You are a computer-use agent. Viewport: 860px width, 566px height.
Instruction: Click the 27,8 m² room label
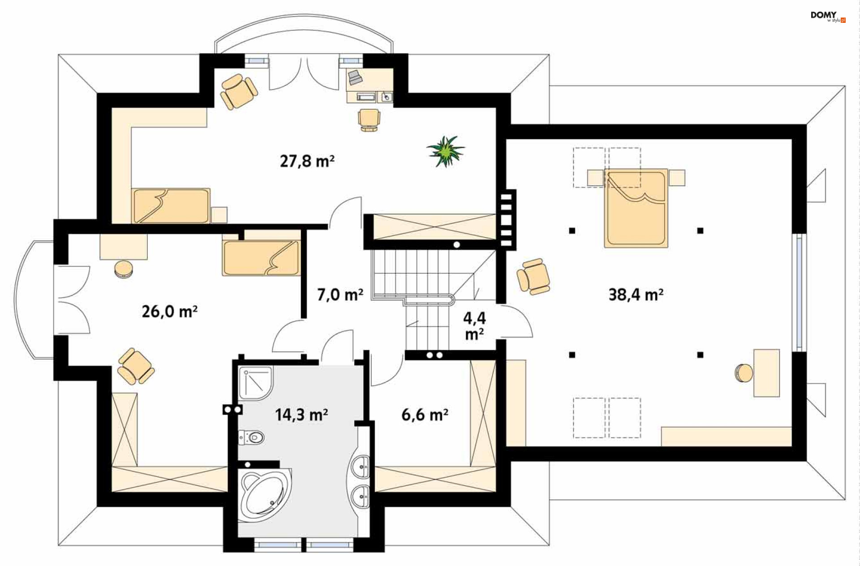(x=307, y=161)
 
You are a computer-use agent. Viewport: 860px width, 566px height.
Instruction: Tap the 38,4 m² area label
(x=636, y=294)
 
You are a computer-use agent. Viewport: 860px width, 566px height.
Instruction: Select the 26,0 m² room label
(x=170, y=311)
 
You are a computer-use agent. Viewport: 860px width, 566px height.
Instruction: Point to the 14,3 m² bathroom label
(x=301, y=414)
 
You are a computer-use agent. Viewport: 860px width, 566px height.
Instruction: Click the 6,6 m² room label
(x=425, y=414)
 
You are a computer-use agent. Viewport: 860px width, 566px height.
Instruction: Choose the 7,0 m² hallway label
(x=340, y=294)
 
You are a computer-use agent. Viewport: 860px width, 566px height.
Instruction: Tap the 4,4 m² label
(x=474, y=326)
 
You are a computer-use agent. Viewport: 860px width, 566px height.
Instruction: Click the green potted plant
(x=445, y=151)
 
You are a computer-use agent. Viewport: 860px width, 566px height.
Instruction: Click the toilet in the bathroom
(x=251, y=437)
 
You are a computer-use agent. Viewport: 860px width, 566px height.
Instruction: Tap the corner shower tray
(x=256, y=383)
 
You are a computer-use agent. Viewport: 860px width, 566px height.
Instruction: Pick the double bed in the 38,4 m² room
(x=636, y=208)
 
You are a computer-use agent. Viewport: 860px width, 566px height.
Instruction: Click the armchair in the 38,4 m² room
(x=533, y=277)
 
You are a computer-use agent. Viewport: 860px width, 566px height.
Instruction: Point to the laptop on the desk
(x=355, y=77)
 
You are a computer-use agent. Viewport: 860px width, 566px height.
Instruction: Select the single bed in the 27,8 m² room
(x=171, y=206)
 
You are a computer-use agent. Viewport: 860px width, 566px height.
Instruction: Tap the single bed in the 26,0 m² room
(x=261, y=258)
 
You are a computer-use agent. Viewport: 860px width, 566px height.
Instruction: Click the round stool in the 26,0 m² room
(x=123, y=269)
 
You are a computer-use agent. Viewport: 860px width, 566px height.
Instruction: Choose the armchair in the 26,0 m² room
(x=135, y=366)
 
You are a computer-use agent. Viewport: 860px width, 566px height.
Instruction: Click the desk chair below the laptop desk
(x=369, y=120)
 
